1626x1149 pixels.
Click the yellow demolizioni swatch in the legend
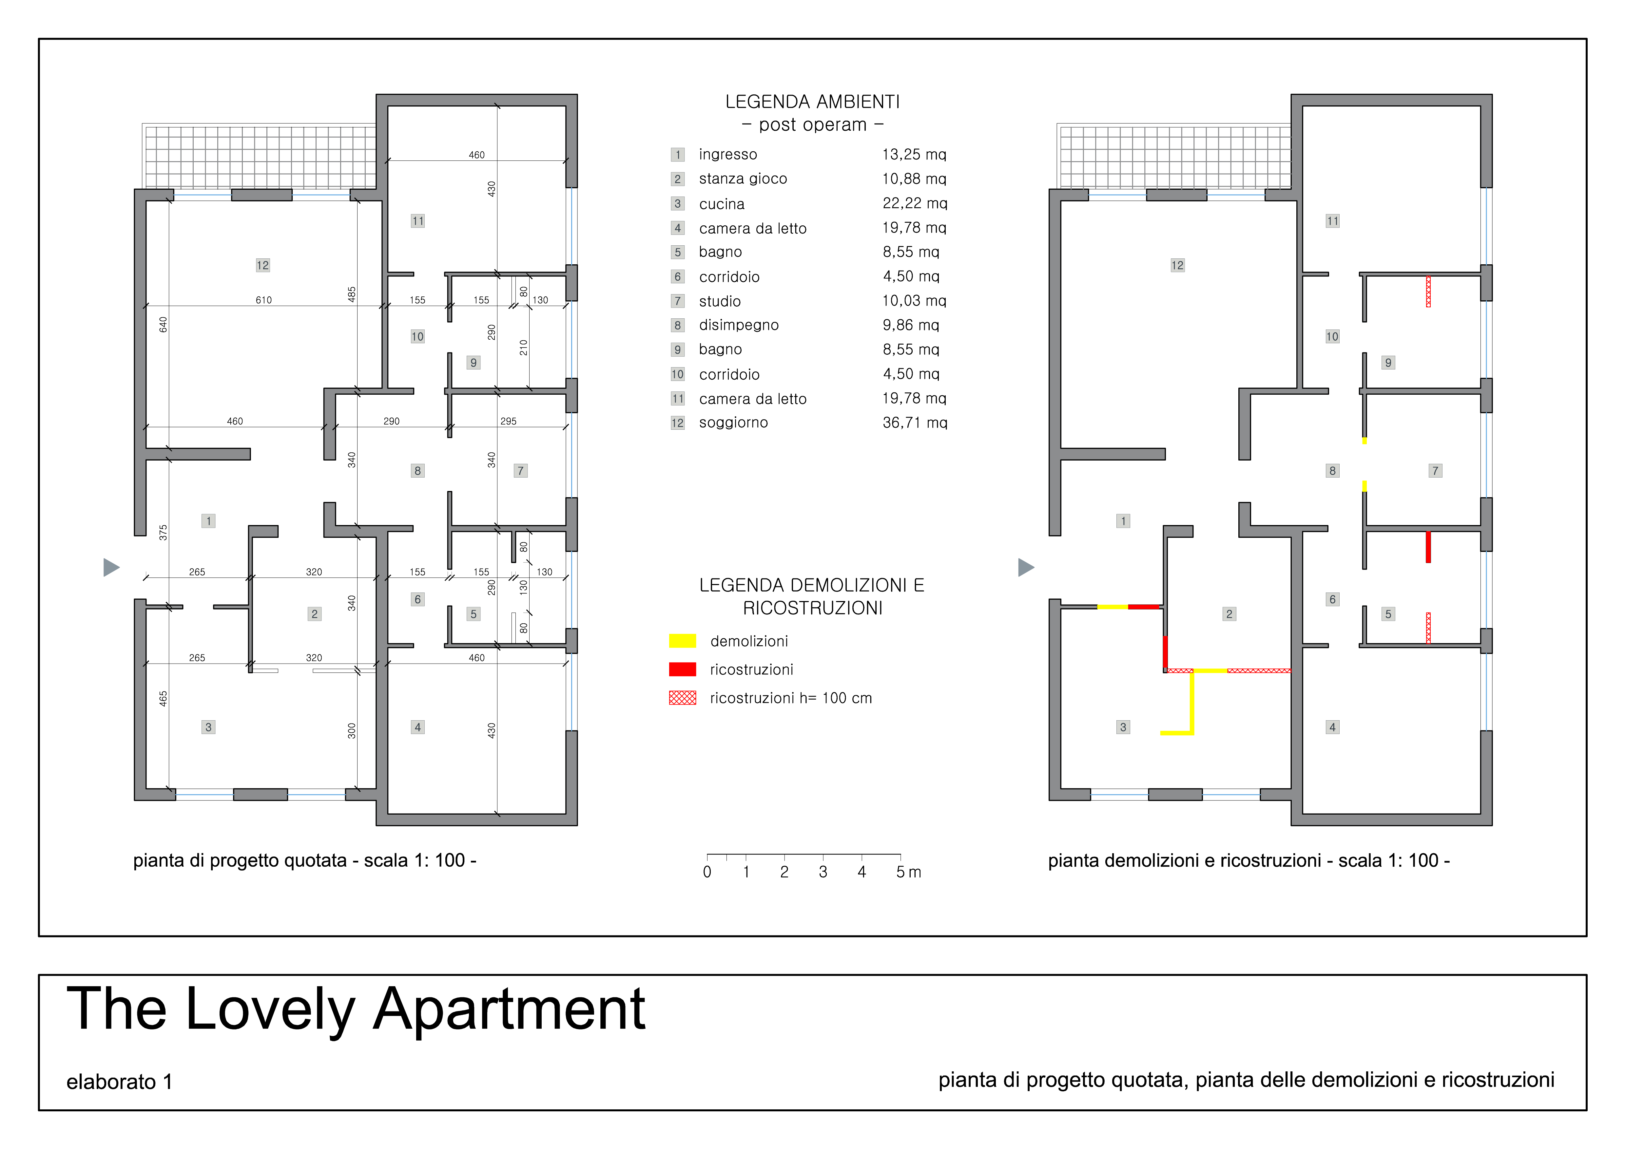coord(683,641)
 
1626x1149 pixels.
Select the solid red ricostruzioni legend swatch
coord(683,669)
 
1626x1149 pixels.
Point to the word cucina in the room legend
coord(722,204)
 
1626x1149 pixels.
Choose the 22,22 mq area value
coord(914,203)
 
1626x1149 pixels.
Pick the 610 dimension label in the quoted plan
coord(263,300)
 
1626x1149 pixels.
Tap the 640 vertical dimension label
coord(163,324)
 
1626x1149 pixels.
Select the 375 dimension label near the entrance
coord(163,532)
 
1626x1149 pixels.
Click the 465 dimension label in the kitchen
coord(163,699)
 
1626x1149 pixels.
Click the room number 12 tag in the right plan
coord(1177,266)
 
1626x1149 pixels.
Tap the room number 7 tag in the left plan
coord(520,471)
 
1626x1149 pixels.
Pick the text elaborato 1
coord(119,1082)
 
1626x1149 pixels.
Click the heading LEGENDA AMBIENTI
coord(812,102)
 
